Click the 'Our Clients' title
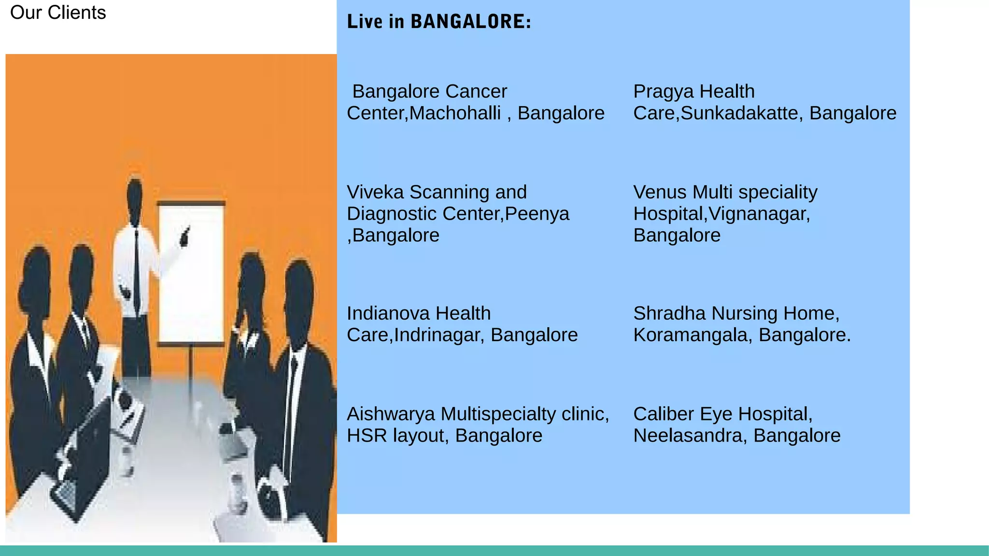(x=58, y=13)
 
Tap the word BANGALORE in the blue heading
(x=470, y=22)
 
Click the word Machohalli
(x=455, y=113)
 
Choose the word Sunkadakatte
(x=739, y=113)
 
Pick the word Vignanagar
(x=759, y=213)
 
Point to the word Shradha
(x=669, y=313)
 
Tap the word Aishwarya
(x=391, y=414)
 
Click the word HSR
(x=367, y=435)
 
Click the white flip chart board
(x=191, y=273)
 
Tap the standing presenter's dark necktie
(x=137, y=270)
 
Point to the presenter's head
(x=135, y=195)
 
